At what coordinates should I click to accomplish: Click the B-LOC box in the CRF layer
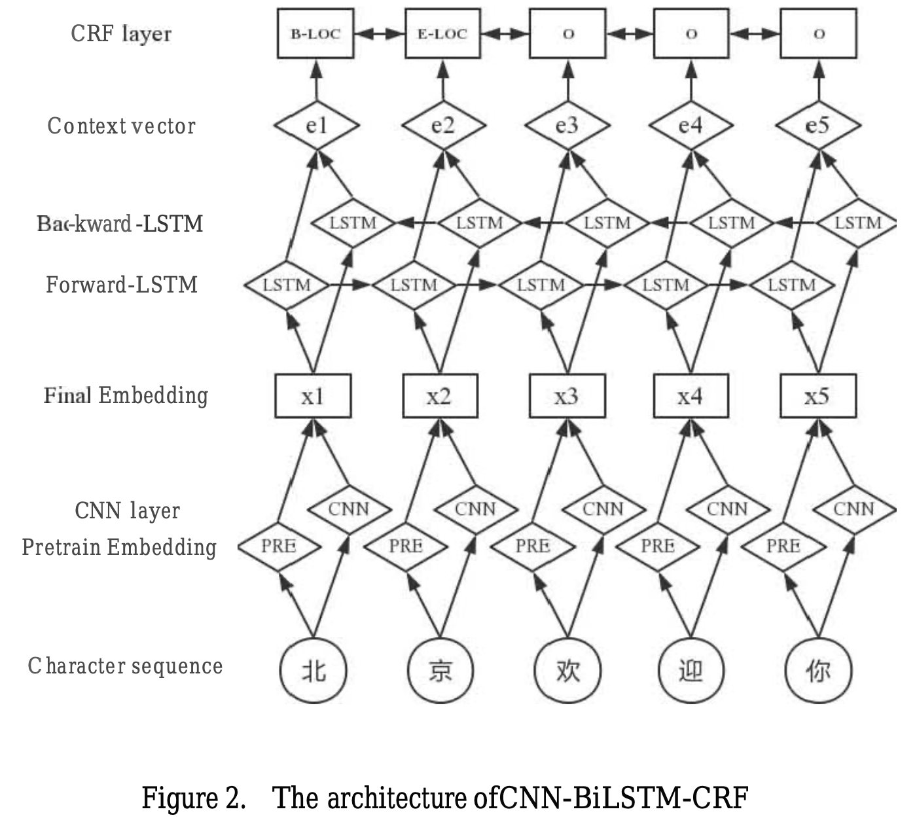click(315, 33)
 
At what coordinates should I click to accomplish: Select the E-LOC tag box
click(442, 33)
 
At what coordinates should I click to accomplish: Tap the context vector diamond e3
click(567, 125)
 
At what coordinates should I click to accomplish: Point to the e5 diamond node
click(817, 125)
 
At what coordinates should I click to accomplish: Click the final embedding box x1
click(313, 396)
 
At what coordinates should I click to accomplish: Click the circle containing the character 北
click(313, 670)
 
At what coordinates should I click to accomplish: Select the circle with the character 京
click(440, 670)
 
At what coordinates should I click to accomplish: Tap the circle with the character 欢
click(567, 670)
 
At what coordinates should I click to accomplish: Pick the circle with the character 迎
click(691, 670)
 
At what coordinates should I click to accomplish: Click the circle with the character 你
click(818, 670)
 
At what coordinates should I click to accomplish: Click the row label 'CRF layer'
click(121, 33)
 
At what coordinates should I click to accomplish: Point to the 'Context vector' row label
click(122, 126)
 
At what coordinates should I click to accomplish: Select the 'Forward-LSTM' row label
click(122, 285)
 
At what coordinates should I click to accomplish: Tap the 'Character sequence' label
click(126, 666)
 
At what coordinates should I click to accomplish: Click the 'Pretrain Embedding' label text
click(119, 546)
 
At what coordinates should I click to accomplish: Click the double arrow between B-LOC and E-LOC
click(379, 33)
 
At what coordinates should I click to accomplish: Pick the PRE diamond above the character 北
click(279, 546)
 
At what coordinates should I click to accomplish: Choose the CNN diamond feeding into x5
click(853, 509)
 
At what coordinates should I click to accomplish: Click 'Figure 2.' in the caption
click(194, 798)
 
